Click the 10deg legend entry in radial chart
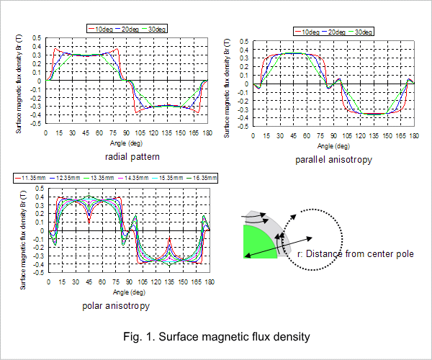[101, 29]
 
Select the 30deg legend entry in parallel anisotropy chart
[361, 32]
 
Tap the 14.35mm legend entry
[133, 178]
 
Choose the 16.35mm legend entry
[202, 178]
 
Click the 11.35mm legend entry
[30, 178]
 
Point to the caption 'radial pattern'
[132, 157]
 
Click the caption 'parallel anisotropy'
[333, 160]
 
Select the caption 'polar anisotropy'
[116, 306]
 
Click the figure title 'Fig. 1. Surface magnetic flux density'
[217, 336]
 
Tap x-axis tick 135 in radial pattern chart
[167, 133]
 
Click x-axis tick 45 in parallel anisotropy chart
[293, 136]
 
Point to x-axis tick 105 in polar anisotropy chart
[143, 282]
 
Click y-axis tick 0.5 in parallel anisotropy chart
[244, 42]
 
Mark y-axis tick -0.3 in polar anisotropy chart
[39, 256]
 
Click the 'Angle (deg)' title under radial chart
[127, 143]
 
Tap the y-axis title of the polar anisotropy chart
[23, 240]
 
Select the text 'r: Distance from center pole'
[356, 253]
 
